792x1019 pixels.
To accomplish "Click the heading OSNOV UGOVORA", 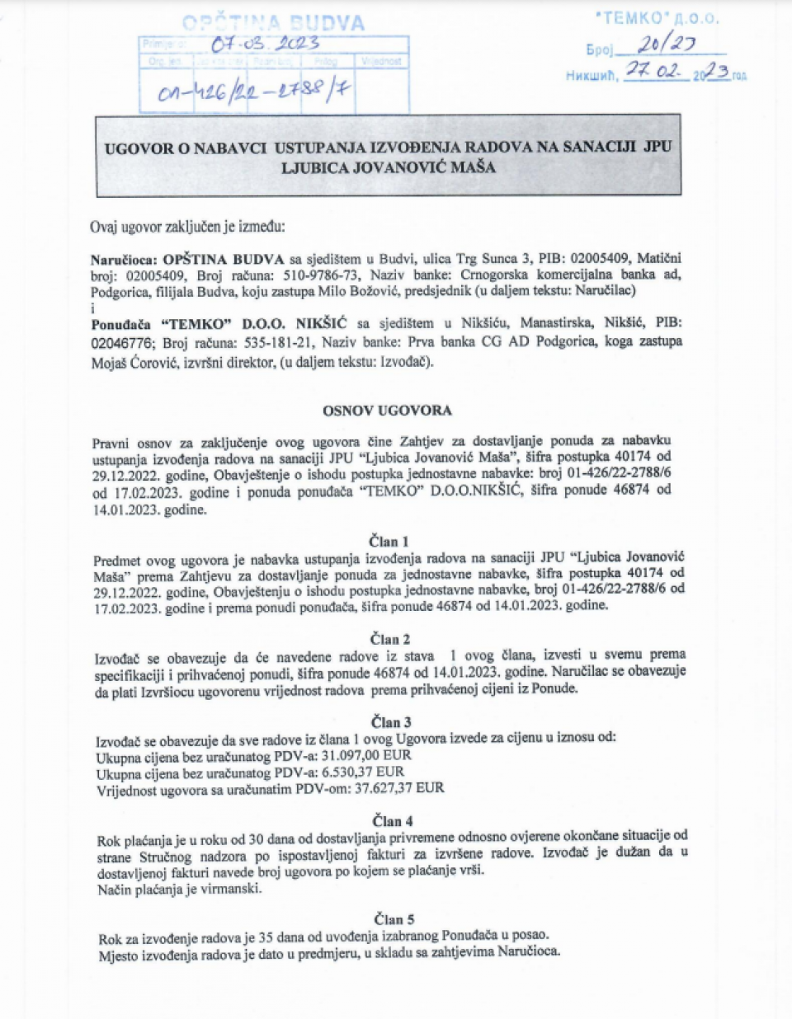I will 387,410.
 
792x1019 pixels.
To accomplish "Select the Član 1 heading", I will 389,542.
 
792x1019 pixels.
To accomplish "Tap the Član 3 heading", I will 391,722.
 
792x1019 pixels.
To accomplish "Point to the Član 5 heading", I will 394,919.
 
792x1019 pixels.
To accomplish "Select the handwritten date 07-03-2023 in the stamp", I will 265,43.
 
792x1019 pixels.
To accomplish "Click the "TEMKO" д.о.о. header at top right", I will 657,18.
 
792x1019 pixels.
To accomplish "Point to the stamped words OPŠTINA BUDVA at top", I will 273,23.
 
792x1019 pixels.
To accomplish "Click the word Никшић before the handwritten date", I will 592,75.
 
